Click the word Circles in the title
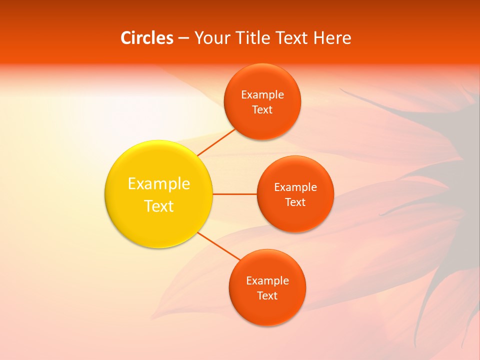(x=147, y=38)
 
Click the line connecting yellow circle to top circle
(x=216, y=142)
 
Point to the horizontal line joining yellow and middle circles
(x=234, y=194)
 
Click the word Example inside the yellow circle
(x=158, y=183)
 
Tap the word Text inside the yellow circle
(x=158, y=206)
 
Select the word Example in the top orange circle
(x=262, y=95)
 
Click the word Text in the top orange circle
(x=262, y=110)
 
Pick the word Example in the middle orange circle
(x=295, y=187)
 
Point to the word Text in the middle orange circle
(x=295, y=202)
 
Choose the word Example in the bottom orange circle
(x=267, y=281)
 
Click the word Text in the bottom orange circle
(x=267, y=296)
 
